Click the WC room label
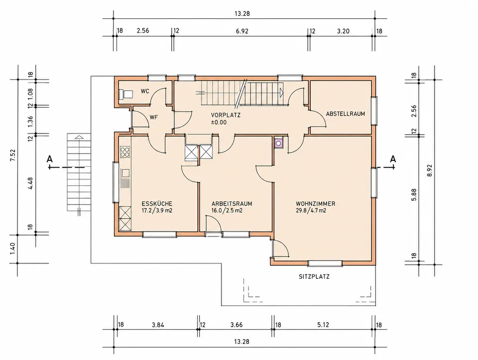[x=145, y=91]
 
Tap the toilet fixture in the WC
[x=125, y=94]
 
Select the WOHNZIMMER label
[x=316, y=204]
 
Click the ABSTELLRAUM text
[x=346, y=114]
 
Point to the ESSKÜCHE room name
[x=157, y=204]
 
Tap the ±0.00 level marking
[x=219, y=122]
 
